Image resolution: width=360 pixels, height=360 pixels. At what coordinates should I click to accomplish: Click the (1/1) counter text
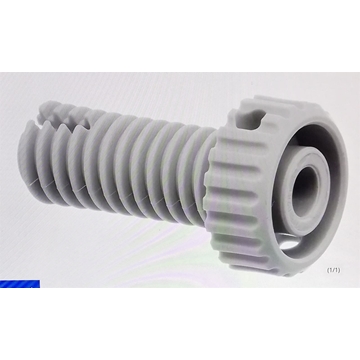click(333, 270)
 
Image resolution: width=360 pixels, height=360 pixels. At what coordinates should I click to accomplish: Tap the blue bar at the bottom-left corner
click(20, 284)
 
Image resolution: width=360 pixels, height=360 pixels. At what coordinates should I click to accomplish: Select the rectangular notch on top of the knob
click(250, 121)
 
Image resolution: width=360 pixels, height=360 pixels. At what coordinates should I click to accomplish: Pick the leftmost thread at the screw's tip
click(28, 160)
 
